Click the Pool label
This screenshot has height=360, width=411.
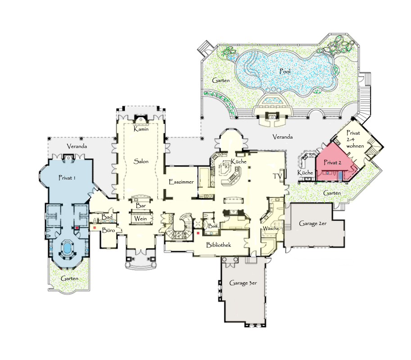[285, 71]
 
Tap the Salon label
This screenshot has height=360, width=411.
[141, 162]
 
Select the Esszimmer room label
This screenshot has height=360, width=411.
[181, 182]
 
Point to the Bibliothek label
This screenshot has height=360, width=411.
[219, 245]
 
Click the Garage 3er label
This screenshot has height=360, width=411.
[243, 283]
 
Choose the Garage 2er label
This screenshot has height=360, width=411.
[313, 224]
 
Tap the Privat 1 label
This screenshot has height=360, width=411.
[67, 178]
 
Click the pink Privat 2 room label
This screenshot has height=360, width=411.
[332, 162]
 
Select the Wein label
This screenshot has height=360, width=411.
[140, 219]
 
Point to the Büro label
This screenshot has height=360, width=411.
[108, 230]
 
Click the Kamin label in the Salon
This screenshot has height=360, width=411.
[141, 129]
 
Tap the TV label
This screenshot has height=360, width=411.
[277, 176]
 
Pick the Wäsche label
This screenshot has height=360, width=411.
[271, 229]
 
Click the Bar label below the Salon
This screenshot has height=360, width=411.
[141, 206]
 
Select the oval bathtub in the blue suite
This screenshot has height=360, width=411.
[67, 247]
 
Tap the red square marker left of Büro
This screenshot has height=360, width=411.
[95, 228]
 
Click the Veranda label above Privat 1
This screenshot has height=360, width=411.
[77, 146]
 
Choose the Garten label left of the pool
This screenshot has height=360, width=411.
[221, 81]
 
